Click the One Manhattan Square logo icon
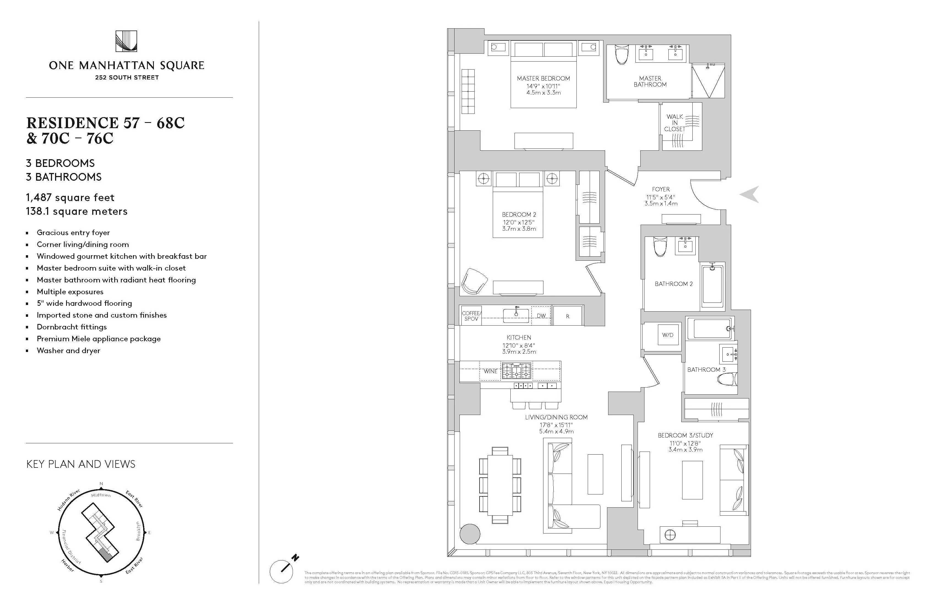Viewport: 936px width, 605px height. tap(126, 41)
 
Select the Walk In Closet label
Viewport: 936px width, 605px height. tap(674, 123)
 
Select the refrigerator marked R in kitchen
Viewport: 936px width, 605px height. tap(567, 316)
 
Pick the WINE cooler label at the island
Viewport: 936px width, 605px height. tap(490, 371)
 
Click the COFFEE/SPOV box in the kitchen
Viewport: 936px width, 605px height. tap(471, 316)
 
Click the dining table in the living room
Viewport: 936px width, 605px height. tap(500, 486)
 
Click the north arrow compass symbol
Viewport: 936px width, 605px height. tap(282, 571)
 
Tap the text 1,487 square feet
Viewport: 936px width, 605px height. tap(70, 198)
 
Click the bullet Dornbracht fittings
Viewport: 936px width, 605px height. tap(72, 327)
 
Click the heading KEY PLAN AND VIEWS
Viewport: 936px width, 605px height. tap(81, 464)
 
